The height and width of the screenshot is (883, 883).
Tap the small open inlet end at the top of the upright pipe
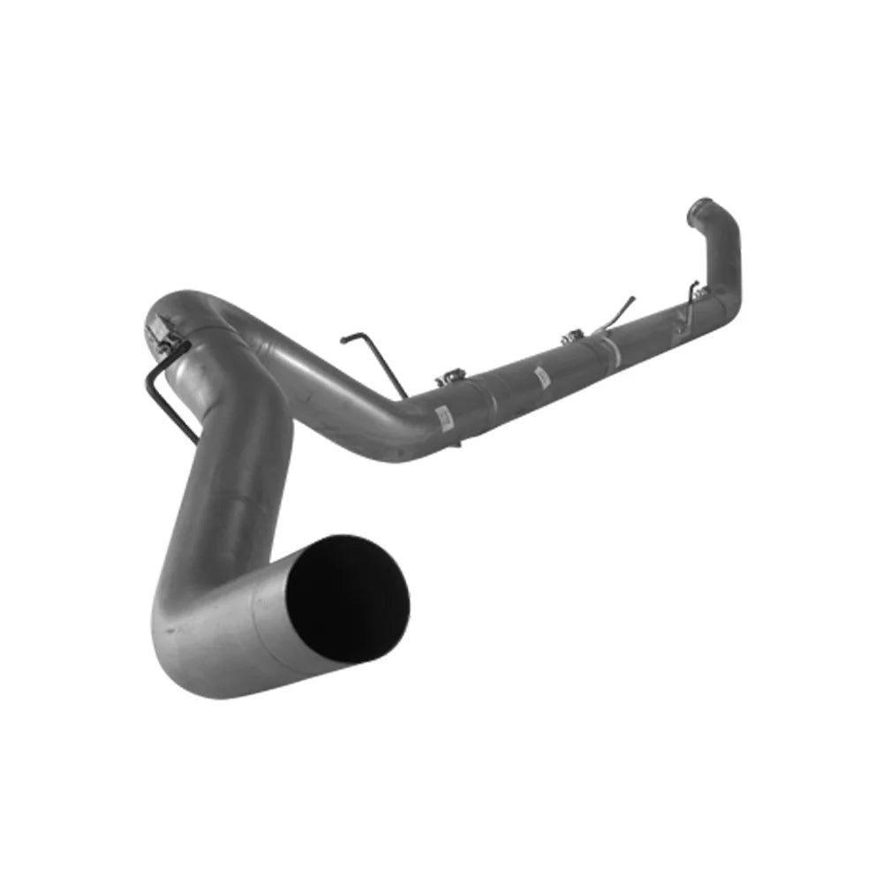coord(702,208)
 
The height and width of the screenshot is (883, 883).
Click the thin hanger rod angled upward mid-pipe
coord(618,313)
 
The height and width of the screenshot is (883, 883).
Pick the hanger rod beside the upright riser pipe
coord(691,300)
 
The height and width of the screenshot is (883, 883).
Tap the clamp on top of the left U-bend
coord(163,331)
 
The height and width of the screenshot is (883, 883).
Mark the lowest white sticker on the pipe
coord(444,415)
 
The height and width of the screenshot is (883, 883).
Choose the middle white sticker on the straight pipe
coord(541,378)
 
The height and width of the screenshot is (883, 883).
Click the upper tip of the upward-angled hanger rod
coord(632,298)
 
